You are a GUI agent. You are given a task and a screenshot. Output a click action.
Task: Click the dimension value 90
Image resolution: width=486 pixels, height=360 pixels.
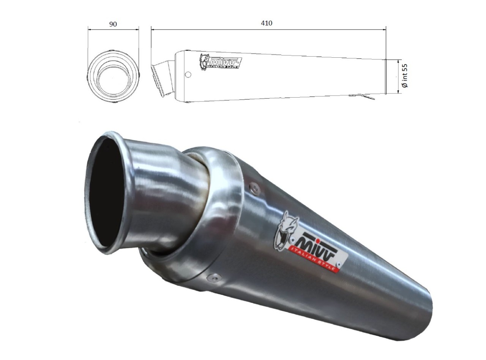113,24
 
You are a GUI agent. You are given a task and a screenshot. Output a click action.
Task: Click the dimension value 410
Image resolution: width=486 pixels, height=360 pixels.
267,23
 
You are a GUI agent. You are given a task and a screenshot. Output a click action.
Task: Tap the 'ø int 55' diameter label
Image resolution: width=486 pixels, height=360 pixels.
405,76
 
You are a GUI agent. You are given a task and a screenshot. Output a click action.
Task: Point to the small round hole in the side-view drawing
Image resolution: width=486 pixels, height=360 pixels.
188,75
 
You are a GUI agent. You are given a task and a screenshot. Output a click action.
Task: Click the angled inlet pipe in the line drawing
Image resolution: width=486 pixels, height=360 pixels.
163,79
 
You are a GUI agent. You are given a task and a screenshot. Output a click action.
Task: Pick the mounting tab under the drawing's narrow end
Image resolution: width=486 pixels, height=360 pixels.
362,96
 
